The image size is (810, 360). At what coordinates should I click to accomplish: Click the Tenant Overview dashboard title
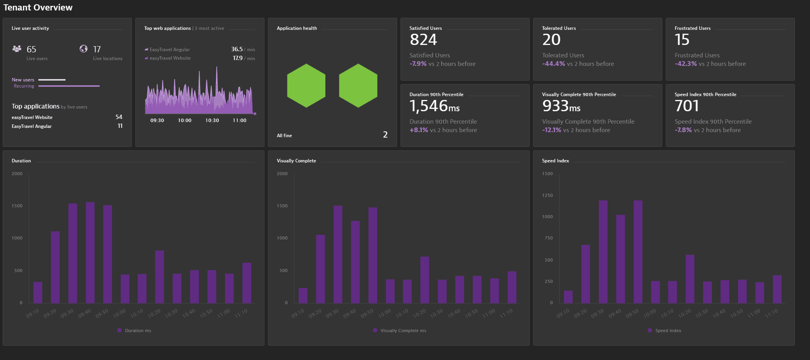click(x=38, y=7)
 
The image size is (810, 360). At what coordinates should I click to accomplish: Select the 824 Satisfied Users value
click(x=423, y=40)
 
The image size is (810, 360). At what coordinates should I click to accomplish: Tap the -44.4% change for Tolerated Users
click(x=554, y=64)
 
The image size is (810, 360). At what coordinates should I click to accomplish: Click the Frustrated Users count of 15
click(x=682, y=40)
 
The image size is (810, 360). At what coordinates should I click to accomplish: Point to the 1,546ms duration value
click(x=434, y=106)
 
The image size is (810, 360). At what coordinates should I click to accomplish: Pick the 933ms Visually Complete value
click(x=561, y=106)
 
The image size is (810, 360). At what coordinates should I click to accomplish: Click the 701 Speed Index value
click(x=687, y=106)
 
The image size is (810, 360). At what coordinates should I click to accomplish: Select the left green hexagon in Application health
click(x=306, y=86)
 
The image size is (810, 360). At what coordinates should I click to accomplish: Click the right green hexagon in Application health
click(x=358, y=86)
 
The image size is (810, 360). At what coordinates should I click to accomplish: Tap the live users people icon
click(x=17, y=49)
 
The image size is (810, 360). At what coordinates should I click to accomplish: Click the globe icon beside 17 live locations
click(x=83, y=49)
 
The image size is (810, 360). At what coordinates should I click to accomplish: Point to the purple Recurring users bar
click(x=69, y=86)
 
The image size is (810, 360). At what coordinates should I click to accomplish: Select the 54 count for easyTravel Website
click(x=119, y=117)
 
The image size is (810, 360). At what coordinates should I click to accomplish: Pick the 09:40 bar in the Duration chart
click(x=90, y=252)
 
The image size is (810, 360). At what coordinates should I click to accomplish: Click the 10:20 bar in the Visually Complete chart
click(x=425, y=279)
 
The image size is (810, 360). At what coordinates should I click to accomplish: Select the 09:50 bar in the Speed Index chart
click(x=638, y=251)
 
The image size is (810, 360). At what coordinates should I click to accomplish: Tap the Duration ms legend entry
click(x=134, y=331)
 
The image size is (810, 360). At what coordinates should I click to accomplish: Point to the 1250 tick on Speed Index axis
click(x=547, y=195)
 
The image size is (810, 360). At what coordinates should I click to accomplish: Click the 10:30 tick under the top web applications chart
click(x=212, y=121)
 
